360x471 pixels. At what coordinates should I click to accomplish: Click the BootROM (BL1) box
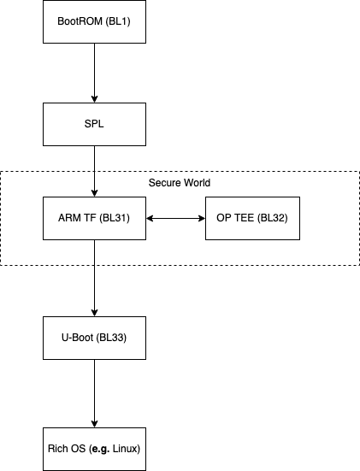point(94,21)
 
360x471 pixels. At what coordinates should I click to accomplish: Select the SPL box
point(94,124)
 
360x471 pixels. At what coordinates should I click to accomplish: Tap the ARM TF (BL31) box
point(94,218)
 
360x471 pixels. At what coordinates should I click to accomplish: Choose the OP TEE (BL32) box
point(257,218)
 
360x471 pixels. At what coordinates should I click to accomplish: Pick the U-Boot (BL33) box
point(94,338)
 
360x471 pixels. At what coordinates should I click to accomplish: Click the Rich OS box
point(94,449)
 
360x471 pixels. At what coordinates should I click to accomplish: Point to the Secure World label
point(180,183)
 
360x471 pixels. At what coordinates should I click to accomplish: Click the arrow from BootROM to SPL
point(94,73)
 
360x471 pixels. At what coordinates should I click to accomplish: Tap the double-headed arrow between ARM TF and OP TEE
point(175,218)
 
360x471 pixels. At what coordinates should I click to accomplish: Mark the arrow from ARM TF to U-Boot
point(94,278)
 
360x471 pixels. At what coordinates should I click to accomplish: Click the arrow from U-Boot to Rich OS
point(94,393)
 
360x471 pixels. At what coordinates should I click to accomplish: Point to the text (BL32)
point(272,218)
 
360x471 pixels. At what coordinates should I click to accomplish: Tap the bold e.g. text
point(99,449)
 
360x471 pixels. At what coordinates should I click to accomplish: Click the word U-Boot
point(77,338)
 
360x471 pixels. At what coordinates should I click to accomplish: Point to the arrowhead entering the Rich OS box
point(94,423)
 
